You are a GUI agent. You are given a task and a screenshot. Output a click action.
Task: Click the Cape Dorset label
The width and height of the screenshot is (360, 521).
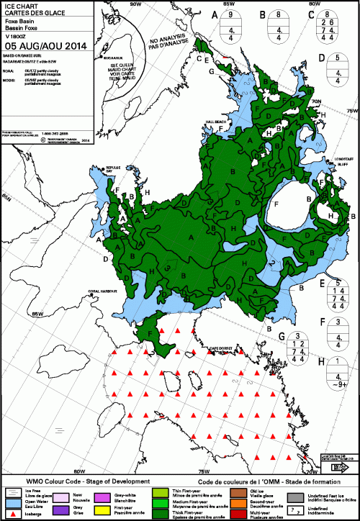click(x=222, y=348)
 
